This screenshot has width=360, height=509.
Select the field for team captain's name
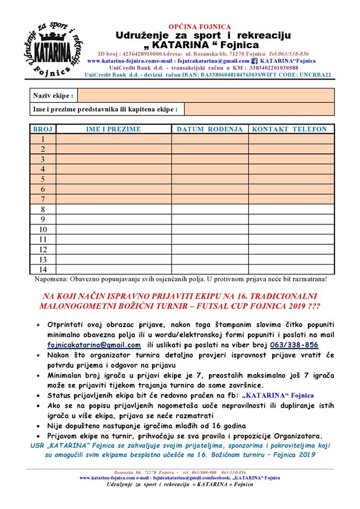259,109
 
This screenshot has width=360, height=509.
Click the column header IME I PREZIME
113,129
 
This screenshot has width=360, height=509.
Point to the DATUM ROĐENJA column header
209,129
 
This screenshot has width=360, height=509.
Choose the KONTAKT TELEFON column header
289,129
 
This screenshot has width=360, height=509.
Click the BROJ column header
42,129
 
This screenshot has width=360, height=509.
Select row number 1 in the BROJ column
42,139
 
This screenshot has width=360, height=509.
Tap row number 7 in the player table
42,199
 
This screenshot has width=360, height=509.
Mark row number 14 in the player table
42,269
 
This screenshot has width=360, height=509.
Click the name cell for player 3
113,159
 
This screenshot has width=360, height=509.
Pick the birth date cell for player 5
209,179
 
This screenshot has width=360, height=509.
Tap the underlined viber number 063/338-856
294,345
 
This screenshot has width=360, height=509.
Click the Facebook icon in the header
254,61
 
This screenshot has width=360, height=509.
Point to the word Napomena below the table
50,278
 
